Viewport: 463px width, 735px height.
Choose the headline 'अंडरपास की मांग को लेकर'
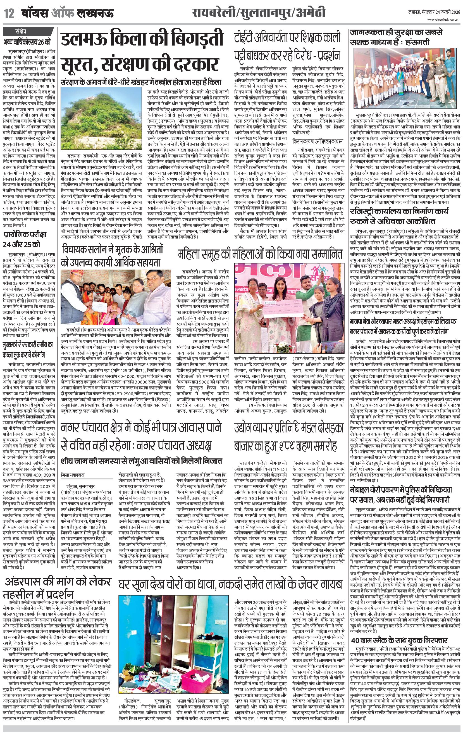[x=58, y=582]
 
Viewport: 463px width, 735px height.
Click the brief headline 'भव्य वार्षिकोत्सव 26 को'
[x=27, y=42]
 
